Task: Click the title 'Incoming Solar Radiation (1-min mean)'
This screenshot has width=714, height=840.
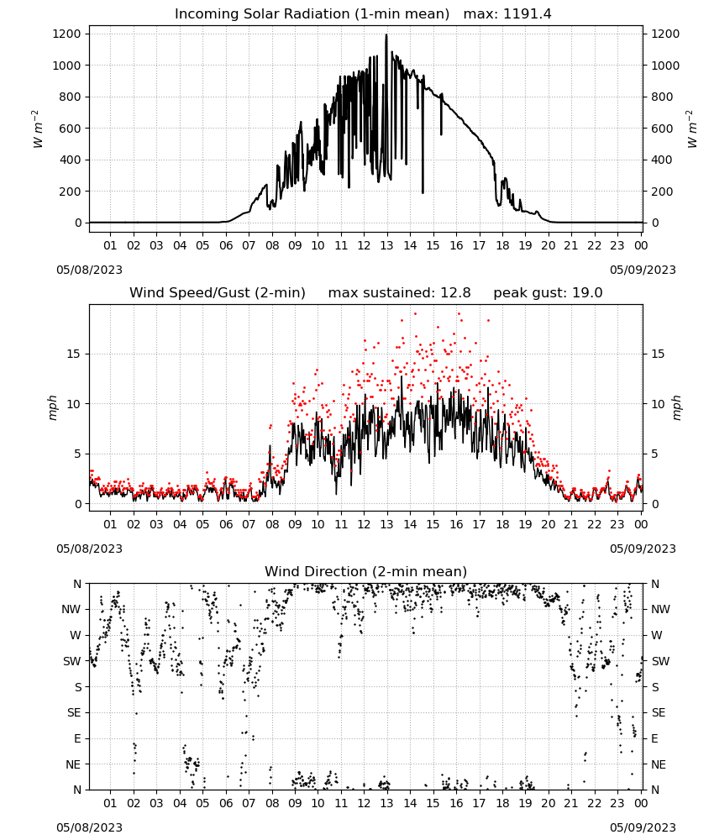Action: point(312,14)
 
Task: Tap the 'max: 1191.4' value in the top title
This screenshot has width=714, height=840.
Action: point(507,14)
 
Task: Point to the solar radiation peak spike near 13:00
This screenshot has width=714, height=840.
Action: point(386,35)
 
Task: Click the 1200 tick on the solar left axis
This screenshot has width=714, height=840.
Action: point(67,34)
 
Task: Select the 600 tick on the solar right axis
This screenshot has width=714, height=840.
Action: point(662,129)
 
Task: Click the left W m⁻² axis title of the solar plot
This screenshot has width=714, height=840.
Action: point(37,129)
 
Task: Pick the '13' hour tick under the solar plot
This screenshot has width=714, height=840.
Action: point(386,245)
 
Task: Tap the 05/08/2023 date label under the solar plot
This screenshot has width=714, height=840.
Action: point(89,270)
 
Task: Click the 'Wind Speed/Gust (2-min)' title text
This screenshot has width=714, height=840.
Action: point(218,293)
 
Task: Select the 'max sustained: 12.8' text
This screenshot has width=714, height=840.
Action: point(400,293)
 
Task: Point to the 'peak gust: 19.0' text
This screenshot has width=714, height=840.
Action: point(548,293)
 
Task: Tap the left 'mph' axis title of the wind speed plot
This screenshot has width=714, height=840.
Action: point(52,407)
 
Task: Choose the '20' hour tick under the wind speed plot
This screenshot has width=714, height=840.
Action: point(548,524)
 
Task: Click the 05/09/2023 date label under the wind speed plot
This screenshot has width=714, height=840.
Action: point(643,549)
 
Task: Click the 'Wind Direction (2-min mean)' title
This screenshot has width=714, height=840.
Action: point(366,571)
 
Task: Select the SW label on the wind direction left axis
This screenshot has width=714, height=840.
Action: point(72,661)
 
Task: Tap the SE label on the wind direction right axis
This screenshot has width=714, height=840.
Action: point(659,712)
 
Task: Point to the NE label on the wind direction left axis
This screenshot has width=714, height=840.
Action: point(73,764)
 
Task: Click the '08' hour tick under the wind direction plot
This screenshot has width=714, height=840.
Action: point(272,803)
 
